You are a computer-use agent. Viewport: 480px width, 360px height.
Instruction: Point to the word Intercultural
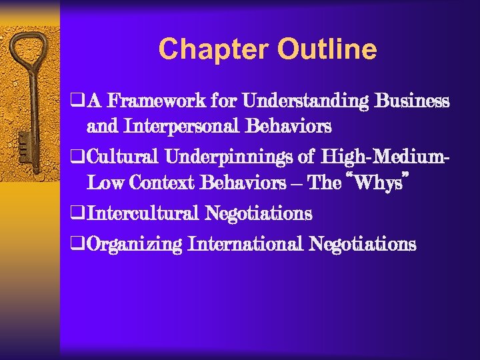143,213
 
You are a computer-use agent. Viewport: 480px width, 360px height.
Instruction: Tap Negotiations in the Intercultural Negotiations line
259,213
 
